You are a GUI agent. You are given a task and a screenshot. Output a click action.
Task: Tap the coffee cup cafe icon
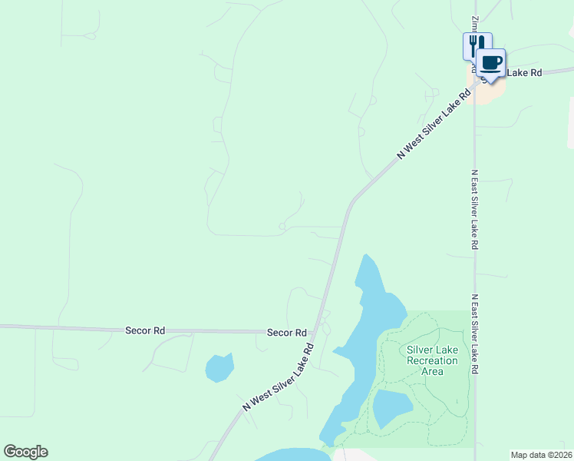[491, 63]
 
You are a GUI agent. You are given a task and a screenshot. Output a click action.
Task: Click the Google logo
[25, 452]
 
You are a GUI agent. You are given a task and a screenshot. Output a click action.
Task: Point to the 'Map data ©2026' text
[541, 455]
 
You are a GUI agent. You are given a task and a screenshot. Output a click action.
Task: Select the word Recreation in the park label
[432, 360]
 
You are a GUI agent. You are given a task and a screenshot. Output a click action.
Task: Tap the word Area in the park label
[432, 371]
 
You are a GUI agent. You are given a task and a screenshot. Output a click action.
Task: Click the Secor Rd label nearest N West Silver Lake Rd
[286, 333]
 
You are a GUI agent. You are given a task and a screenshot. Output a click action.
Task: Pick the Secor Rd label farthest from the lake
[145, 330]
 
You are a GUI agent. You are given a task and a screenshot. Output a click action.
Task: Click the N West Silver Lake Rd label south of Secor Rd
[278, 377]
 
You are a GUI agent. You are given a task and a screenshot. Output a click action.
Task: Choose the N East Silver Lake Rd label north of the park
[475, 209]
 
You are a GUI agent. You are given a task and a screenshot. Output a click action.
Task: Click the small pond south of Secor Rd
[219, 367]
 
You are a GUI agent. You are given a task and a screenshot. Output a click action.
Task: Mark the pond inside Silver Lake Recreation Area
[392, 407]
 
